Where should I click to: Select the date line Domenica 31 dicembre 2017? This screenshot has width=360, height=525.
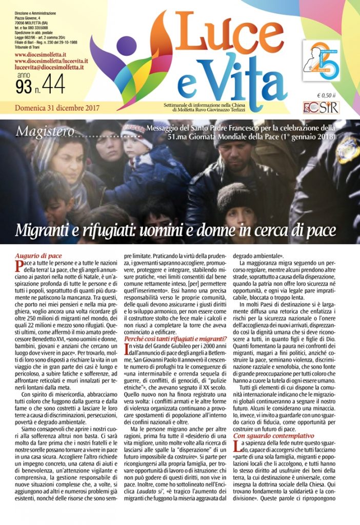(x=57, y=108)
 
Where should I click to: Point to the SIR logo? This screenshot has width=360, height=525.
(x=320, y=107)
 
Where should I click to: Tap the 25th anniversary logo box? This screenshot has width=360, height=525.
(x=321, y=61)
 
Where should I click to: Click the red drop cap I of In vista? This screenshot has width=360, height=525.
(x=127, y=349)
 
